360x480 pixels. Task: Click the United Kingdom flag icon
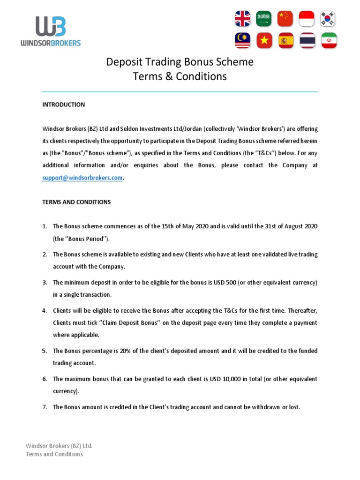point(243,19)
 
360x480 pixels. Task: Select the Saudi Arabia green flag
point(264,19)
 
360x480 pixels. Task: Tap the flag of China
point(285,19)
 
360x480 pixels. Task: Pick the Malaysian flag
point(243,41)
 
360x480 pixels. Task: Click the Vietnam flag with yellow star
point(264,41)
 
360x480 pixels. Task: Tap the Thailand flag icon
point(307,41)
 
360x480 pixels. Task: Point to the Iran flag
point(328,41)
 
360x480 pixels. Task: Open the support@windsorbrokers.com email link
point(82,178)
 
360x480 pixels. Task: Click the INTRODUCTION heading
point(63,105)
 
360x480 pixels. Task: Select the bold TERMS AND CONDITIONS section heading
point(76,202)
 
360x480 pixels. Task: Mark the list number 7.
point(45,407)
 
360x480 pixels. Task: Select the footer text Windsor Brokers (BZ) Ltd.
point(59,446)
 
